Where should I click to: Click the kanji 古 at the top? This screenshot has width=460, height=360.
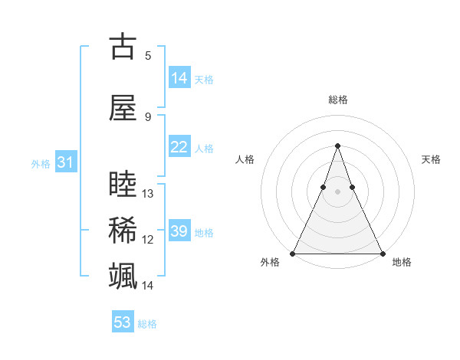(123, 47)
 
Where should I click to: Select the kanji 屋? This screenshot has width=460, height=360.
(123, 108)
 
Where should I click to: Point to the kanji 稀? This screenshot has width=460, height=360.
(123, 231)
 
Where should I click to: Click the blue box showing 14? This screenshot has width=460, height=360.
(179, 78)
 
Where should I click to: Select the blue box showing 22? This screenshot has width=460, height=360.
(179, 147)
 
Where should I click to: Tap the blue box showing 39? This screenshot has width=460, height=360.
(179, 231)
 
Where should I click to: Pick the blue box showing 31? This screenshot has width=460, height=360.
(65, 162)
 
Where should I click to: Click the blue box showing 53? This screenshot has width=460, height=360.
(123, 322)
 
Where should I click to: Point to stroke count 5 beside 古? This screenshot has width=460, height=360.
(148, 55)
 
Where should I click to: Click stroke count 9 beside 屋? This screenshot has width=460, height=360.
(148, 116)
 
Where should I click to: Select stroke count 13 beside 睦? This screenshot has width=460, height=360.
(148, 193)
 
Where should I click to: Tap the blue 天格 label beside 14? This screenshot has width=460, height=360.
(204, 79)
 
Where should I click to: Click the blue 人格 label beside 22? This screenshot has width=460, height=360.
(204, 148)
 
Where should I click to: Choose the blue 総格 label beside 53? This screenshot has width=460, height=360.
(147, 323)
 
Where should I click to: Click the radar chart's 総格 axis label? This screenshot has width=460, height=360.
(337, 100)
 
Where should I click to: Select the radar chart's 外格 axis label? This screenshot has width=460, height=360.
(270, 262)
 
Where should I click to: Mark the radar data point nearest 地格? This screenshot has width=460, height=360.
(382, 253)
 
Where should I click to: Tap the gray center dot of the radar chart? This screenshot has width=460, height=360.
(337, 192)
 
